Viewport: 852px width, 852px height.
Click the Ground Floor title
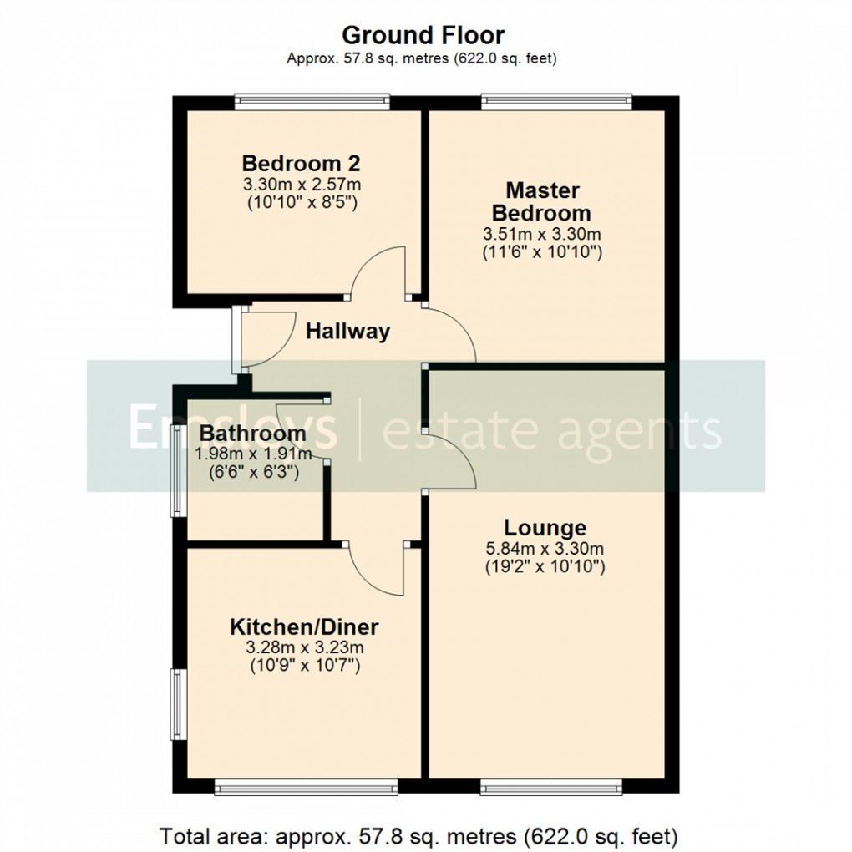point(423,36)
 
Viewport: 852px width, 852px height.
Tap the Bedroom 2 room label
point(301,163)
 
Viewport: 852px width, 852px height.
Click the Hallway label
point(347,332)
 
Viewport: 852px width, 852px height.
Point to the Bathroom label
point(253,434)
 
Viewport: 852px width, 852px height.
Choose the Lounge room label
point(545,528)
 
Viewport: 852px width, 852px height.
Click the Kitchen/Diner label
point(304,626)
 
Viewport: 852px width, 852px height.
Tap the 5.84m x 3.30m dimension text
point(545,549)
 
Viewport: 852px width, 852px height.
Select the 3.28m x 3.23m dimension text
point(304,647)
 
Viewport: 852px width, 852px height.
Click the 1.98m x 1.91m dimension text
point(253,454)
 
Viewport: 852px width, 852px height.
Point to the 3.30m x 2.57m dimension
point(301,184)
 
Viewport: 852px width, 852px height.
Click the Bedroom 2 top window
point(312,102)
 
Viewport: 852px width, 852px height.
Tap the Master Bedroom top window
point(556,102)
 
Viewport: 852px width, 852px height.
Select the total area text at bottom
point(418,835)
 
